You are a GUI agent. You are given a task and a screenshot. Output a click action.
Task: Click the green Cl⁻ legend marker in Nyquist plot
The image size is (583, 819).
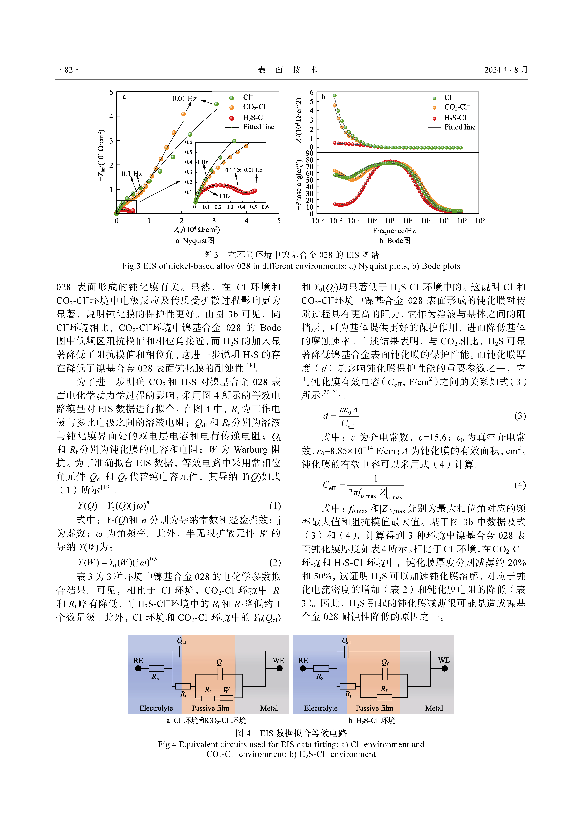[232, 98]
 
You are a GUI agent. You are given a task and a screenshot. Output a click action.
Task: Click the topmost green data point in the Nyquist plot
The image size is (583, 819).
[216, 104]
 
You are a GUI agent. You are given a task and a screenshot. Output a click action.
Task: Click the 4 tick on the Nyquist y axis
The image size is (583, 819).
[111, 116]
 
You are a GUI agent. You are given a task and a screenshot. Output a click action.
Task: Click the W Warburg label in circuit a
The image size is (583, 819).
[227, 690]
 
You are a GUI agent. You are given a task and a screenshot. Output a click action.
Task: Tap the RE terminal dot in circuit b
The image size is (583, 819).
[303, 668]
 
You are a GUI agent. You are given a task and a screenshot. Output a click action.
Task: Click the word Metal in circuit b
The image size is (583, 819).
[434, 708]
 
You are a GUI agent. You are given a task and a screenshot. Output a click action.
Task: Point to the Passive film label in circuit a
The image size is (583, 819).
[210, 708]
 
